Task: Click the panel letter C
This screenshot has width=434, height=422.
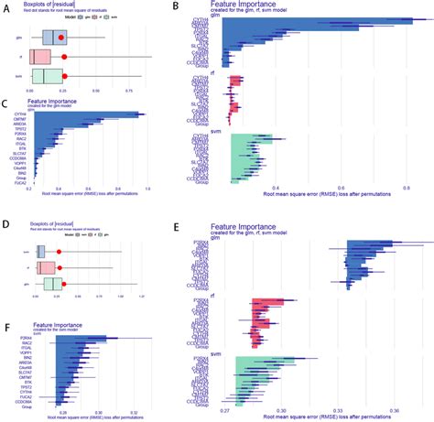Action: [x=6, y=103]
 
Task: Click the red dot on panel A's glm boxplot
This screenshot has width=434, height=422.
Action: [x=61, y=38]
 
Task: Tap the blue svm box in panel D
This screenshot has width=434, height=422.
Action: [x=40, y=251]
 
